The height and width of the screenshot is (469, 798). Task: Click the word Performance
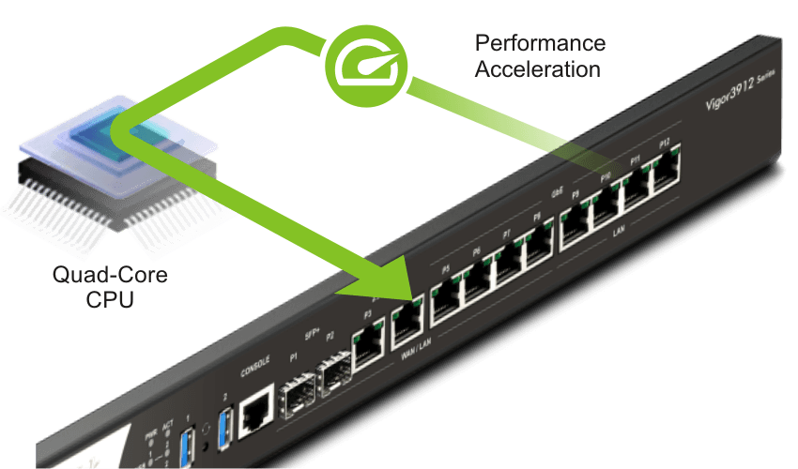(539, 44)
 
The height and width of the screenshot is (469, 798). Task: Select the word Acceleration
(537, 69)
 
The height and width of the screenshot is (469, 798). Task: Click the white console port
(254, 410)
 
